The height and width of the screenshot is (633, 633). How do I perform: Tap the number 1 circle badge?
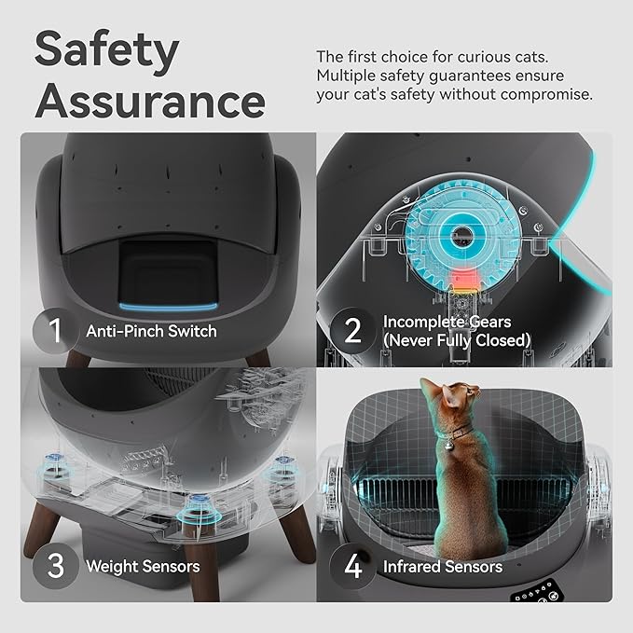pyautogui.click(x=56, y=331)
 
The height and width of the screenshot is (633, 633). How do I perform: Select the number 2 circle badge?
pyautogui.click(x=353, y=331)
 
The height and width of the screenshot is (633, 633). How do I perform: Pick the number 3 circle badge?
pyautogui.click(x=56, y=566)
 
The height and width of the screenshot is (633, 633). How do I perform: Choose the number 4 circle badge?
pyautogui.click(x=353, y=566)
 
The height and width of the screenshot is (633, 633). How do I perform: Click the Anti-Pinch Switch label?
pyautogui.click(x=151, y=332)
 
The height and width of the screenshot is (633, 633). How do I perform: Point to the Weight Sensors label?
pyautogui.click(x=143, y=567)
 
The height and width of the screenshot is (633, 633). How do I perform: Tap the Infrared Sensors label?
pyautogui.click(x=443, y=567)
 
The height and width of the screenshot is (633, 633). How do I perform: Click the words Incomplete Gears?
pyautogui.click(x=447, y=323)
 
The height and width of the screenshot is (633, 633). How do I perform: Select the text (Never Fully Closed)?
pyautogui.click(x=457, y=340)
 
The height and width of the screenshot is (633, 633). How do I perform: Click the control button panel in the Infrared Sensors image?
pyautogui.click(x=539, y=592)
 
